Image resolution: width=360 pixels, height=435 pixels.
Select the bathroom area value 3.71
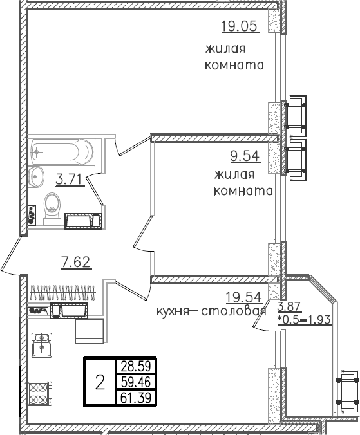tap(69, 180)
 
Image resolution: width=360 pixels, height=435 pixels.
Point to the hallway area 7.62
tap(75, 261)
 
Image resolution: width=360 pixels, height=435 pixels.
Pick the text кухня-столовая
tap(211, 312)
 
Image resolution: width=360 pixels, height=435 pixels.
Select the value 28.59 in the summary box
tap(135, 367)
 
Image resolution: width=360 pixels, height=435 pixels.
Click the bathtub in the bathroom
tap(62, 153)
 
